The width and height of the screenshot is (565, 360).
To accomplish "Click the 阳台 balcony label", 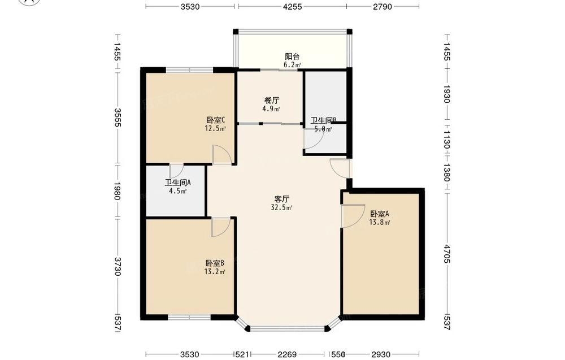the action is point(292,57).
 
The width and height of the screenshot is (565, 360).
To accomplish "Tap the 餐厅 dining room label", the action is point(272,101).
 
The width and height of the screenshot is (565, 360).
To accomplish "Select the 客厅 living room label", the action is point(282,199).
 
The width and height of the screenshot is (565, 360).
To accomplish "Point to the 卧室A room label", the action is point(380,214).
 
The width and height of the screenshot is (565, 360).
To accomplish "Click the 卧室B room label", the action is point(215,263).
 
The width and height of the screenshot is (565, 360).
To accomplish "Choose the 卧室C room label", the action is point(216,120).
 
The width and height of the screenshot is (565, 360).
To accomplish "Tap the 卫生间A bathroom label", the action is point(178,183).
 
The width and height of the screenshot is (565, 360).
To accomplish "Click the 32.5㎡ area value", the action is point(281,207).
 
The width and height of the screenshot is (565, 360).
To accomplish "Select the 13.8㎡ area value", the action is point(380,222).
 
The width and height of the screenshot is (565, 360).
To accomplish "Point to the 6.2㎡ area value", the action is point(292,65).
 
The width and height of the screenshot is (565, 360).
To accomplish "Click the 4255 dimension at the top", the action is point(292,6).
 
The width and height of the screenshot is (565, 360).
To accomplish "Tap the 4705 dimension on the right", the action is point(447,254).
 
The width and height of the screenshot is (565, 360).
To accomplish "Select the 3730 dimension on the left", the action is point(118,266).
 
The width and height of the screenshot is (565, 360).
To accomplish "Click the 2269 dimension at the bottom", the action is point(287,354).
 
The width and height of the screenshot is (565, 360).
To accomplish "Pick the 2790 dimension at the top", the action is point(383,6).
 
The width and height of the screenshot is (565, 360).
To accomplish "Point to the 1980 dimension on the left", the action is point(118,191).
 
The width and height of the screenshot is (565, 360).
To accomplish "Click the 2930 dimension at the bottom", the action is point(381,354).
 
